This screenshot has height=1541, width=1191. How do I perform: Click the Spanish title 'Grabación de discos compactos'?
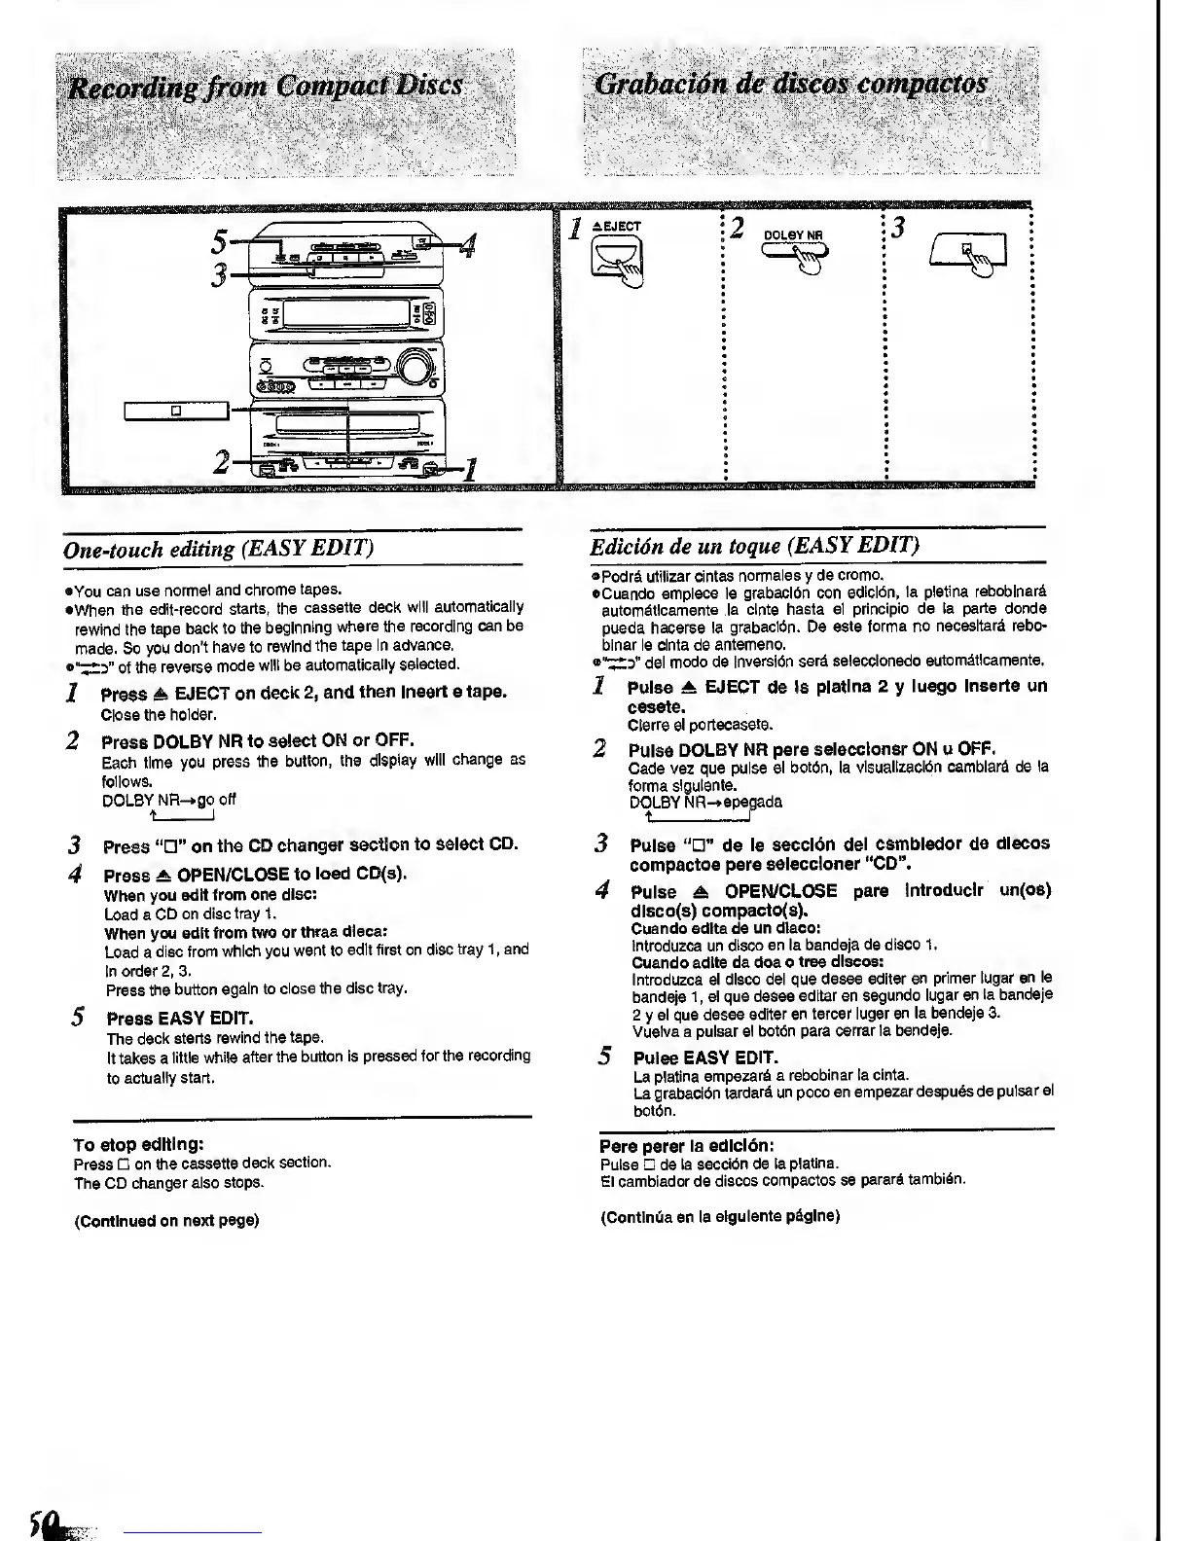click(x=793, y=84)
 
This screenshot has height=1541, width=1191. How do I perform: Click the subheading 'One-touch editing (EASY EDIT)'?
click(x=218, y=549)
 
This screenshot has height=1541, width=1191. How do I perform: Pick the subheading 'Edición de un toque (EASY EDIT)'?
click(x=755, y=544)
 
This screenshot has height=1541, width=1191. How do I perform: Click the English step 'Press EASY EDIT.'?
click(x=180, y=1019)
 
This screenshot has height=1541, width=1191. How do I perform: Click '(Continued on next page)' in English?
click(x=166, y=1219)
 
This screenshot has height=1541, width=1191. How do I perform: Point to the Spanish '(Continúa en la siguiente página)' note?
click(x=720, y=1216)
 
